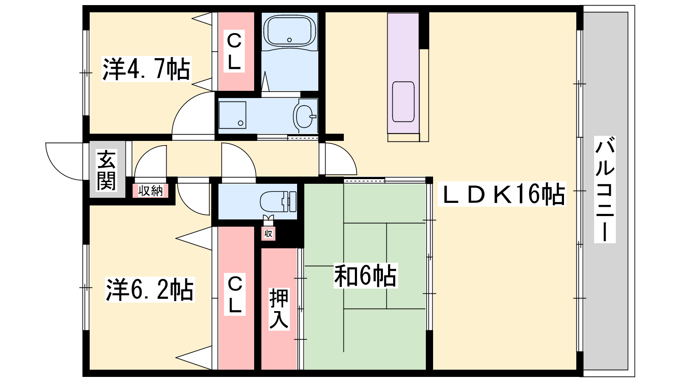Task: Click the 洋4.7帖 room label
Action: click(x=146, y=69)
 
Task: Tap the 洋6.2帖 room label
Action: click(x=150, y=289)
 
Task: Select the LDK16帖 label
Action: click(x=502, y=194)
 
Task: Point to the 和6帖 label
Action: click(x=365, y=275)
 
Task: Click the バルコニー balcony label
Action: click(x=605, y=189)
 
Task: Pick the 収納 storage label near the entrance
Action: click(x=150, y=191)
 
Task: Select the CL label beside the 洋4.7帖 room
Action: click(x=234, y=51)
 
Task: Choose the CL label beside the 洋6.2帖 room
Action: click(x=235, y=295)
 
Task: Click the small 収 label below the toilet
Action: click(x=268, y=234)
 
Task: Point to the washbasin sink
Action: click(x=305, y=116)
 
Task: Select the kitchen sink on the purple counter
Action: click(x=403, y=101)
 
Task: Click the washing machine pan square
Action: click(x=232, y=115)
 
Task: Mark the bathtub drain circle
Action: click(x=289, y=40)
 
